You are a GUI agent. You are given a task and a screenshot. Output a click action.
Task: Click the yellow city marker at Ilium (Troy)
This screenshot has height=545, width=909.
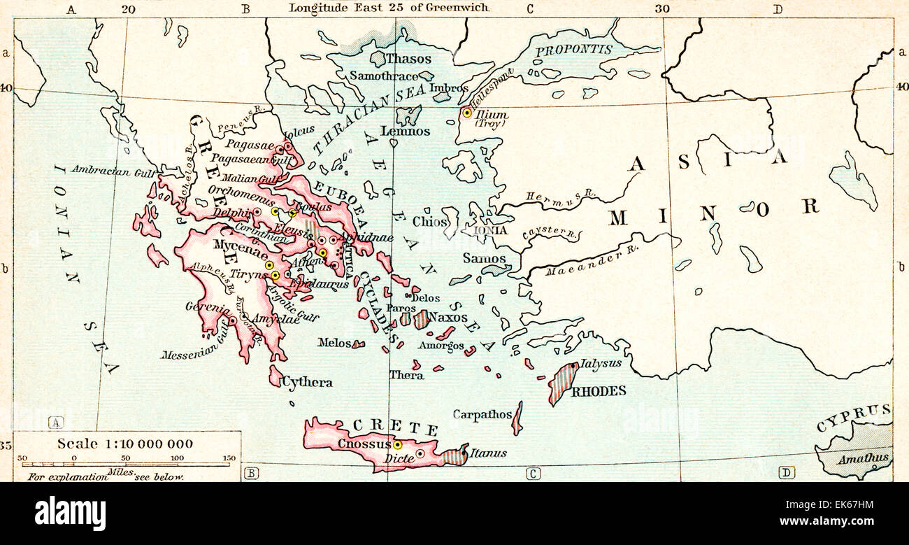coord(467,113)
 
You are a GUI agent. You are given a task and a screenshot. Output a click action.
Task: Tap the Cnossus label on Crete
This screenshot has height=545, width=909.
coord(364,444)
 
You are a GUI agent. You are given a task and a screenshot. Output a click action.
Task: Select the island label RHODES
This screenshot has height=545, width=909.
coord(599,391)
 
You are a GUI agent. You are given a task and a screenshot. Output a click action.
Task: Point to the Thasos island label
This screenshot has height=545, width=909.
coord(408,59)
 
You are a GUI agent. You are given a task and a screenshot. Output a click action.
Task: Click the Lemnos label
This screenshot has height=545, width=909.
coord(405,131)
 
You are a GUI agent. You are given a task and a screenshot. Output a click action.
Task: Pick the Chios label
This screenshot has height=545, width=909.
coord(429,222)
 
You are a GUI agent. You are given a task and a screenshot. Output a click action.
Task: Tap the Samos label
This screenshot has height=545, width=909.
coord(484,258)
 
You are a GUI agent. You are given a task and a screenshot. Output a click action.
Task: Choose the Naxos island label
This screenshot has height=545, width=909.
coord(448,317)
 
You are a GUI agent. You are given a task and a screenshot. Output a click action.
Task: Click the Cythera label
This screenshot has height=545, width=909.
coord(307,383)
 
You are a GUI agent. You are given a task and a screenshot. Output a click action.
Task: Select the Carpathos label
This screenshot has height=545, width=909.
coord(482,414)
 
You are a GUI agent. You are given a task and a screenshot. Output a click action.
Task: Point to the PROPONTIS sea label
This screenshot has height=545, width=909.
coord(573,50)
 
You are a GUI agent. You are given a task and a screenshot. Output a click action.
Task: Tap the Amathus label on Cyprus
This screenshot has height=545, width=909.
coord(862,459)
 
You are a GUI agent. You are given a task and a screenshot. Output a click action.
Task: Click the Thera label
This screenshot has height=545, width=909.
coord(406,375)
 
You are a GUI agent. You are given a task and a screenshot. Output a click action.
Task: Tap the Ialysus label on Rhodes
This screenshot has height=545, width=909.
coord(600,364)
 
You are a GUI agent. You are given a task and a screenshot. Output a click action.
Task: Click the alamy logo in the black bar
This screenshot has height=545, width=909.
coord(70,513)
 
